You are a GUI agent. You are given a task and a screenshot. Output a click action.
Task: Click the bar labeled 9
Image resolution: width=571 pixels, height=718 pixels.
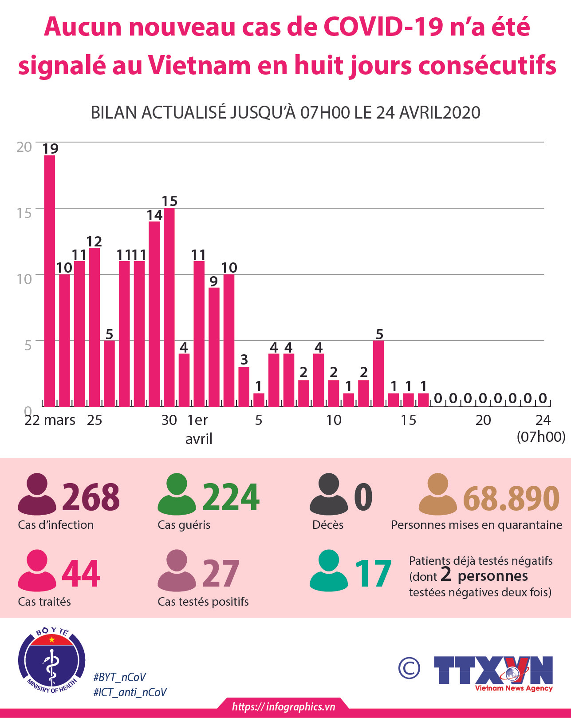[x=214, y=347]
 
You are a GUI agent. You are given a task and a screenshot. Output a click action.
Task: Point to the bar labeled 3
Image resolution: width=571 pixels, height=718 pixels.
[x=244, y=386]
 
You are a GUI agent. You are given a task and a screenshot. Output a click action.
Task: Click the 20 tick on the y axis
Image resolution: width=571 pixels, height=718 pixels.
[x=24, y=147]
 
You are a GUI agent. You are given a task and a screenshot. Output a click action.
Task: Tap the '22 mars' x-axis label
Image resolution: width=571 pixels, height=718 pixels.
[x=50, y=420]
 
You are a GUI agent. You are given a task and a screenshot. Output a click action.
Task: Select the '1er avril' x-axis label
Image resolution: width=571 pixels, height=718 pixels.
[x=198, y=429]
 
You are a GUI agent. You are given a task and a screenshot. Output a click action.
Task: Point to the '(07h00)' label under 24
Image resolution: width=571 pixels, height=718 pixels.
[x=541, y=437]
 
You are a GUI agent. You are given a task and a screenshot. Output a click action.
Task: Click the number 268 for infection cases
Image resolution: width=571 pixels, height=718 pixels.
[x=91, y=497]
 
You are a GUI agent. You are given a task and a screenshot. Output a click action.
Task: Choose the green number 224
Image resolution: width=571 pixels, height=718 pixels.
[x=231, y=497]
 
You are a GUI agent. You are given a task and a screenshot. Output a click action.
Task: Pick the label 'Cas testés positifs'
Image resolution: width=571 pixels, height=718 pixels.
[x=203, y=602]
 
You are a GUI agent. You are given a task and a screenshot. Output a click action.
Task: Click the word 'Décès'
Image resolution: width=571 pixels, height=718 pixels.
[x=328, y=525]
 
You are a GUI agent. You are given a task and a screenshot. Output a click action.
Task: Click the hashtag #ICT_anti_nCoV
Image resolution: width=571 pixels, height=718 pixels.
[x=130, y=692]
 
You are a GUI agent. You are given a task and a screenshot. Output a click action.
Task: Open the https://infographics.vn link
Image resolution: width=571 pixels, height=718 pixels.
[x=284, y=707]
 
